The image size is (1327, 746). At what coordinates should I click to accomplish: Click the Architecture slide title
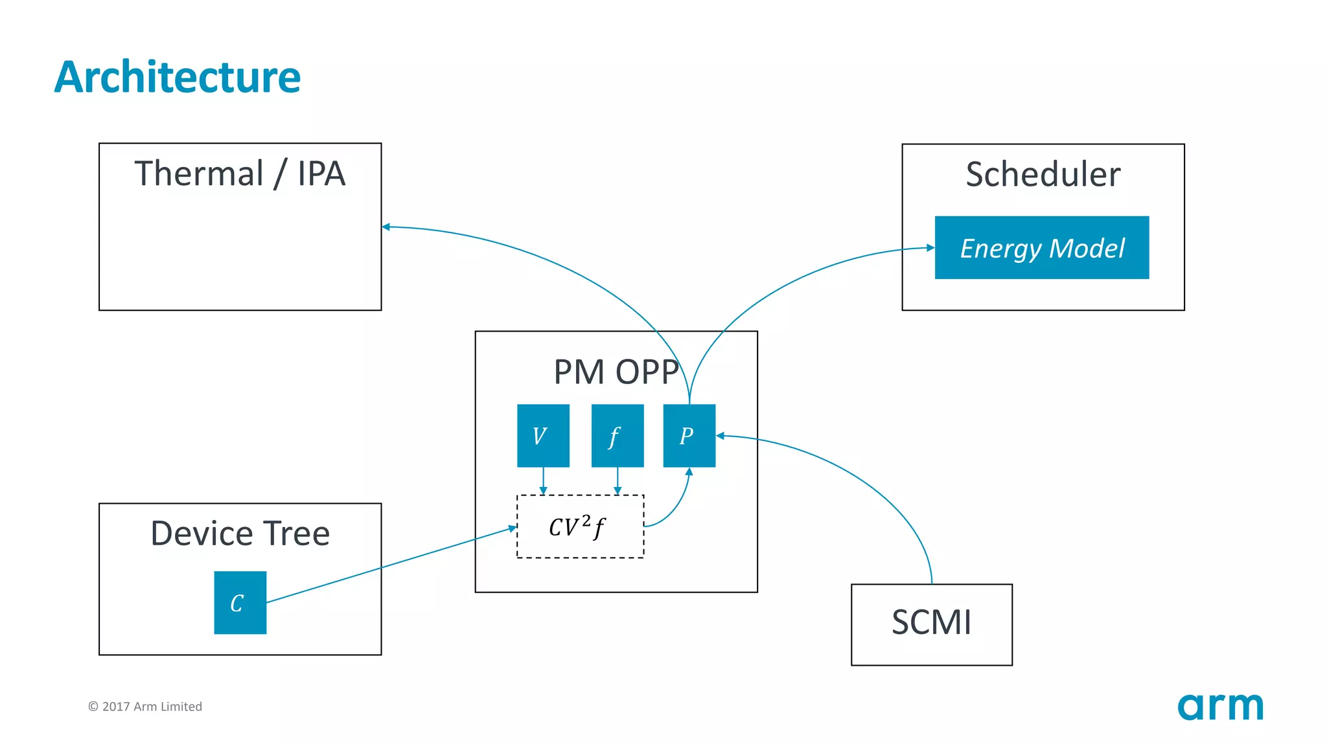tap(177, 77)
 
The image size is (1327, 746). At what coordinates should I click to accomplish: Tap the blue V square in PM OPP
tap(543, 435)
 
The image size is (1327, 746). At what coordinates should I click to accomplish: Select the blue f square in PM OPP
tap(617, 435)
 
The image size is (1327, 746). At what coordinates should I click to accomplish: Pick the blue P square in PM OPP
tap(689, 435)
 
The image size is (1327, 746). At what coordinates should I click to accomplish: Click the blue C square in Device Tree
tap(240, 602)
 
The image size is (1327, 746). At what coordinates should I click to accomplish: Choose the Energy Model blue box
tap(1041, 247)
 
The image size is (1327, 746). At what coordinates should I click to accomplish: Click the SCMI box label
tap(931, 622)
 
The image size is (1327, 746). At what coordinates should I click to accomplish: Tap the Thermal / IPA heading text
tap(240, 174)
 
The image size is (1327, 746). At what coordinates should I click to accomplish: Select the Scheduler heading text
tap(1043, 174)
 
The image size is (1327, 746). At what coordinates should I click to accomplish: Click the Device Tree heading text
tap(240, 534)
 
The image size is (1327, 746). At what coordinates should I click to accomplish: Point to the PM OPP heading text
tap(616, 372)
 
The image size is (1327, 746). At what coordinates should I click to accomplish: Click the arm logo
tap(1220, 706)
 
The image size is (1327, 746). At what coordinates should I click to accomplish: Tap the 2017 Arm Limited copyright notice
tap(145, 706)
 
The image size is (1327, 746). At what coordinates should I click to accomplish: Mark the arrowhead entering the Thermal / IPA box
tap(386, 227)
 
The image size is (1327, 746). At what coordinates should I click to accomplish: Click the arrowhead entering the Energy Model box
tap(930, 247)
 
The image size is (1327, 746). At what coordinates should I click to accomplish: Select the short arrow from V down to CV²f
tap(543, 481)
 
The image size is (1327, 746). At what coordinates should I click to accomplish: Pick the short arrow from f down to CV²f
tap(617, 481)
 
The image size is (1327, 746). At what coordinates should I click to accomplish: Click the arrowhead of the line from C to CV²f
tap(512, 528)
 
